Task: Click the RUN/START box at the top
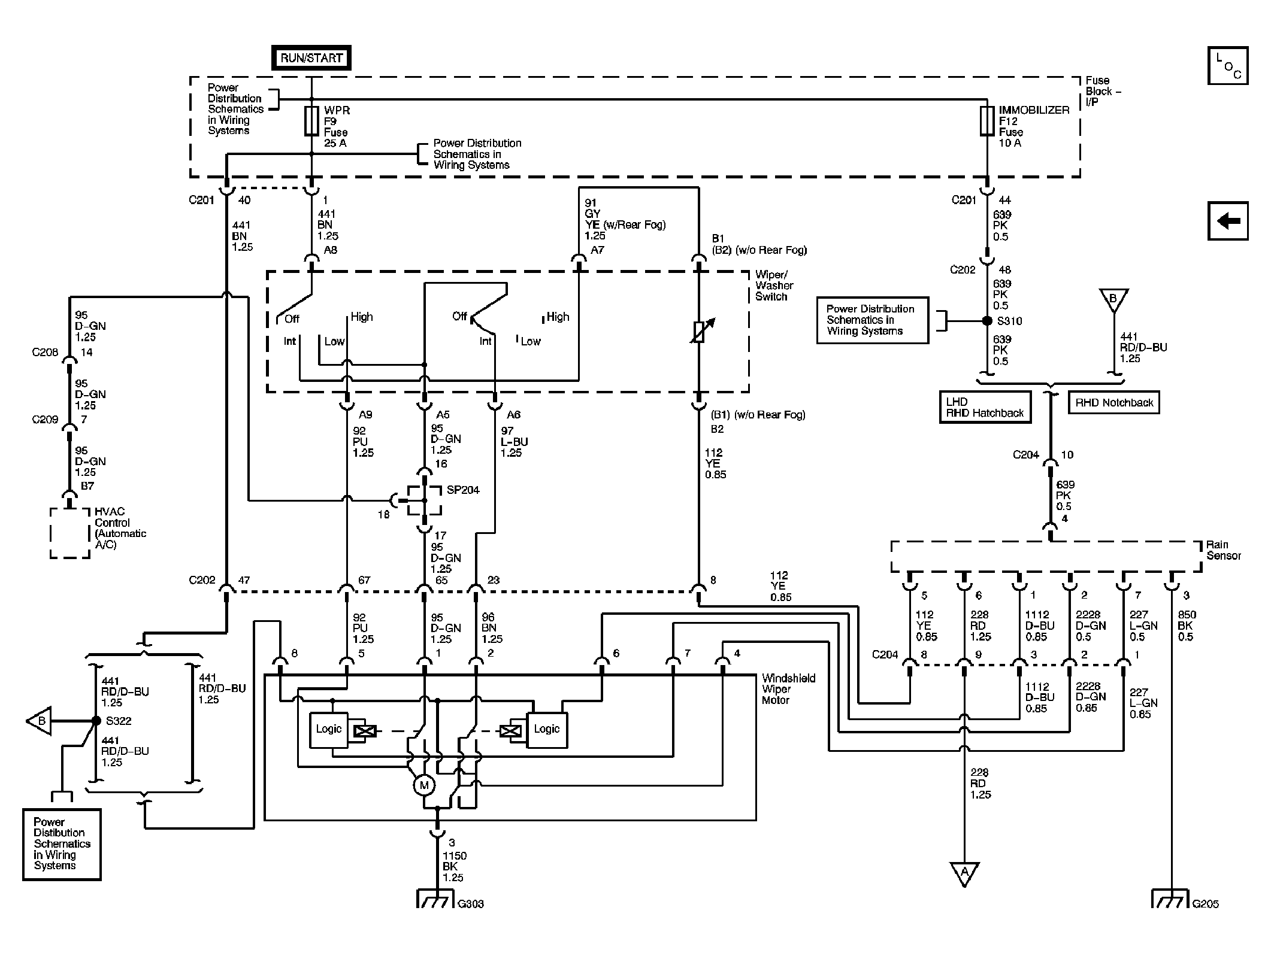[x=311, y=58]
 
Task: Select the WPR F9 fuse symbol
[x=311, y=122]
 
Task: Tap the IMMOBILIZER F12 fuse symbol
[x=987, y=122]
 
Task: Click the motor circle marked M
[x=424, y=785]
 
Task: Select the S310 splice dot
[x=987, y=321]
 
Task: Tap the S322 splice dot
[x=96, y=721]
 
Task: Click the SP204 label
[x=463, y=490]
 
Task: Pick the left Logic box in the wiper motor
[x=328, y=730]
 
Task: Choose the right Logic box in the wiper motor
[x=546, y=730]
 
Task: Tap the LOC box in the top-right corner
[x=1228, y=65]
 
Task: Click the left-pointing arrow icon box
[x=1228, y=221]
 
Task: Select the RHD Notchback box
[x=1114, y=403]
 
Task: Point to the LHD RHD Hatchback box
[x=985, y=407]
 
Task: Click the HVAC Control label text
[x=120, y=528]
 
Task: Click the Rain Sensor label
[x=1223, y=550]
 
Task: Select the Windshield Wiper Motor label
[x=788, y=689]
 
